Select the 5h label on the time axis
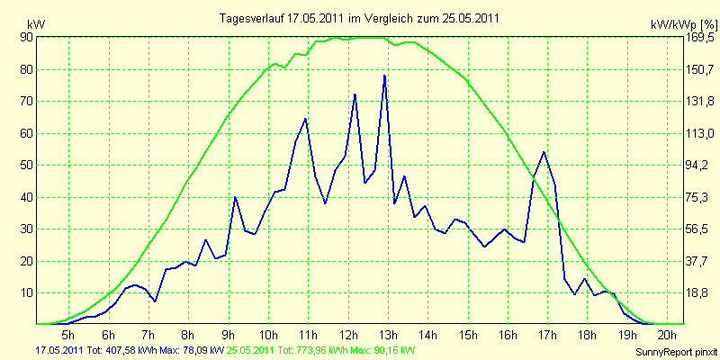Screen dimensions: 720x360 coord(68,333)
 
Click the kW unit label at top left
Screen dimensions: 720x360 coord(36,25)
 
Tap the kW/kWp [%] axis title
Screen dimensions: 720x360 coord(683,25)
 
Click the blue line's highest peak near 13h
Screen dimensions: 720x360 coord(384,76)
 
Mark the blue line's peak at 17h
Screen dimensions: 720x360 coord(544,152)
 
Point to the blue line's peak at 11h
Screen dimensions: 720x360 coord(305,120)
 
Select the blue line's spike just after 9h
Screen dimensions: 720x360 coord(235,197)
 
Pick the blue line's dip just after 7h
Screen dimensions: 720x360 coord(155,301)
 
